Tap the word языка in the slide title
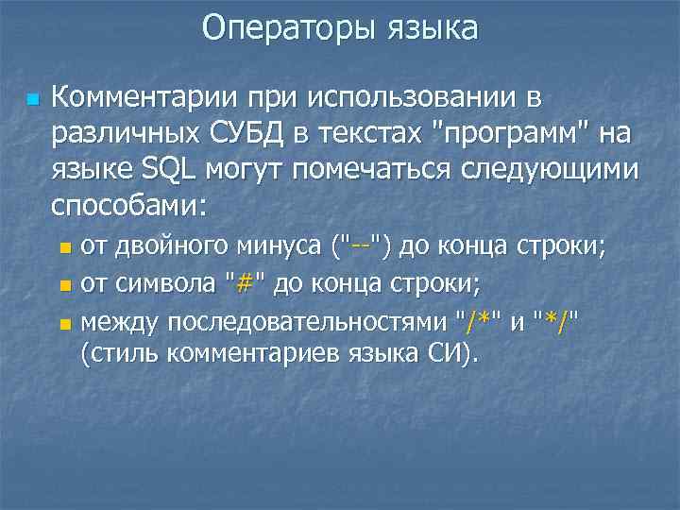[x=432, y=28]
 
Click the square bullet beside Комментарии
[x=32, y=99]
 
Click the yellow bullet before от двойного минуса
[x=64, y=250]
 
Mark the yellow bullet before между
[x=64, y=324]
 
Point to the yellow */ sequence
[x=557, y=321]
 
